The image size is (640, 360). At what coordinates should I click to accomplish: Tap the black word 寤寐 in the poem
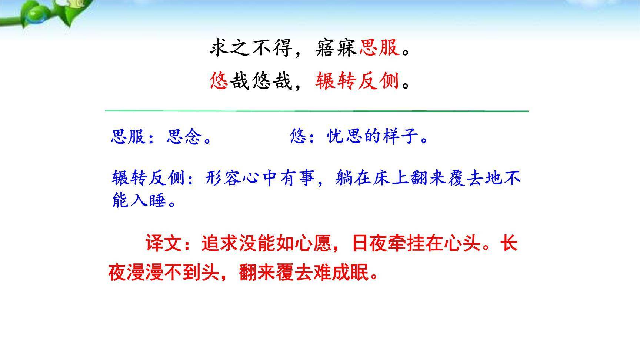click(337, 48)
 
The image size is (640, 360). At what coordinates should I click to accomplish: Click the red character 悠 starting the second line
click(219, 81)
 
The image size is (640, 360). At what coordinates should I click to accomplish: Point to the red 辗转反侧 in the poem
click(357, 81)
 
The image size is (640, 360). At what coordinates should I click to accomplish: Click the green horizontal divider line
click(316, 110)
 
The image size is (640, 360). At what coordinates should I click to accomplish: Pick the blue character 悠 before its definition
click(299, 137)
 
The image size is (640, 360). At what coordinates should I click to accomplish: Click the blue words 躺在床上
click(372, 178)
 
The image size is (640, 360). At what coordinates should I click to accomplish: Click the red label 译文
click(163, 244)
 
